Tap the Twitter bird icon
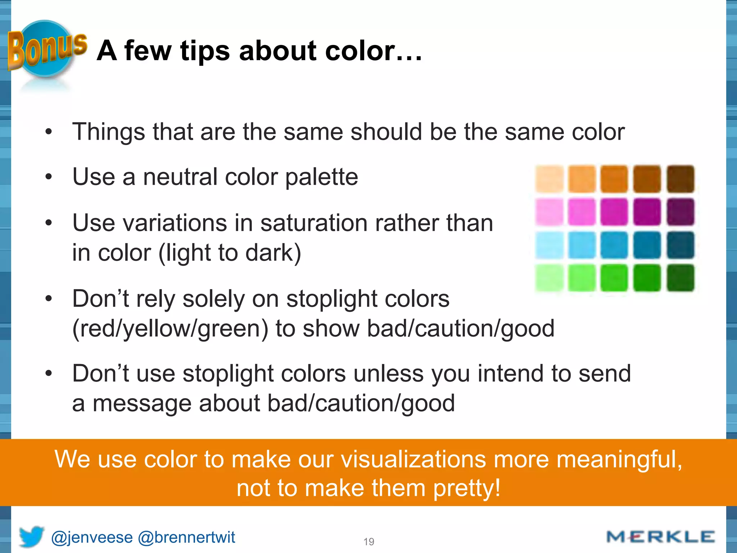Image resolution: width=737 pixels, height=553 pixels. (31, 536)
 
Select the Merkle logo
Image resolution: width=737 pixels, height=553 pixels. (660, 537)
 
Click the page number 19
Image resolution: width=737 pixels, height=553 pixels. (369, 541)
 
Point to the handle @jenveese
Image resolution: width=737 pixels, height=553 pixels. (92, 538)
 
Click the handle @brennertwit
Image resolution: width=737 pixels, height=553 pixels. (186, 538)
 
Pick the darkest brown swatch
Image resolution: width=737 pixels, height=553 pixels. (680, 179)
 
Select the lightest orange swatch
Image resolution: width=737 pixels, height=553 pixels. (549, 179)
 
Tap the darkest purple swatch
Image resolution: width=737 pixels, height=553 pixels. (680, 212)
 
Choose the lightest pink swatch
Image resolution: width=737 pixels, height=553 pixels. (549, 212)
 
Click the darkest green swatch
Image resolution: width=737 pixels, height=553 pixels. (680, 278)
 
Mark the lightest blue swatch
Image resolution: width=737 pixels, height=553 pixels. (549, 245)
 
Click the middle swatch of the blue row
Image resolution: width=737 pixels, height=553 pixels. (614, 245)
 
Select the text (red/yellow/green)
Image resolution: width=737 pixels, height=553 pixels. (170, 328)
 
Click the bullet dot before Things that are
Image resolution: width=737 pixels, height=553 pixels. (49, 132)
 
